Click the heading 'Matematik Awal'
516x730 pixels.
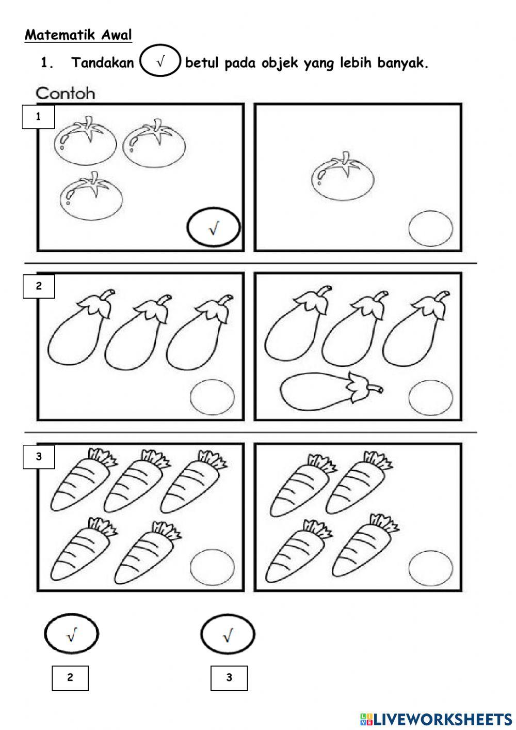(78, 35)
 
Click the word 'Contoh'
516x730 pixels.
(65, 94)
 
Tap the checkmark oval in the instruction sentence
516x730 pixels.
(160, 62)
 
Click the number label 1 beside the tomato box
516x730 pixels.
(38, 117)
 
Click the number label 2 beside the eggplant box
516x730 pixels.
(39, 286)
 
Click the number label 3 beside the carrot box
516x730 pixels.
(39, 457)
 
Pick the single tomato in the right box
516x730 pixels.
(343, 176)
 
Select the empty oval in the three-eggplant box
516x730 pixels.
(212, 397)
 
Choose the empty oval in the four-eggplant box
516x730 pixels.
(431, 397)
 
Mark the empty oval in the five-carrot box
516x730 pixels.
(212, 567)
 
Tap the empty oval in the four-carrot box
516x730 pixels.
(431, 567)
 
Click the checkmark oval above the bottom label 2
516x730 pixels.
(71, 633)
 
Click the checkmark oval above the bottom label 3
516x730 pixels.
(228, 634)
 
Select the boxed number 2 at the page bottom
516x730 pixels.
(70, 677)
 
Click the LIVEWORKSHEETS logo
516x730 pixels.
(436, 719)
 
